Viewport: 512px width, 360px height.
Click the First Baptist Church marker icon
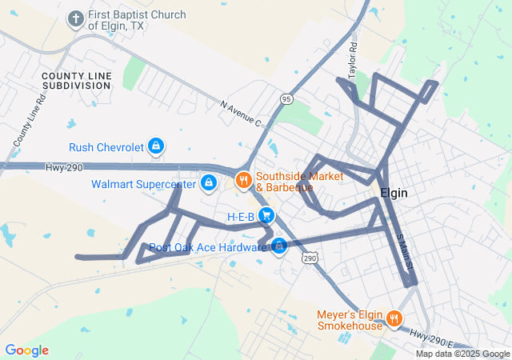point(76,18)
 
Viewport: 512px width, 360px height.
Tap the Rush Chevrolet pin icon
point(157,146)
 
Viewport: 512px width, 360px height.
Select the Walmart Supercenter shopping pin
point(208,183)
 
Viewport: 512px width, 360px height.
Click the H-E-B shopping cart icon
point(266,215)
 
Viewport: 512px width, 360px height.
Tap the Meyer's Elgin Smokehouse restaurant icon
point(394,319)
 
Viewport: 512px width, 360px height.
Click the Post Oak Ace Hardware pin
point(278,246)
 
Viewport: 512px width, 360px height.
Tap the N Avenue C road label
point(241,113)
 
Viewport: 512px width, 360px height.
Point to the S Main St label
point(405,250)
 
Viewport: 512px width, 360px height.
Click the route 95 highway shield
point(286,98)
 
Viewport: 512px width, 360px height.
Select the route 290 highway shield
point(310,258)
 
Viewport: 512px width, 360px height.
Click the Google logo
point(26,350)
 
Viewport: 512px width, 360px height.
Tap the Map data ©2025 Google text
point(462,354)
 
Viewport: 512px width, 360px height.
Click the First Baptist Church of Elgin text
point(137,20)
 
